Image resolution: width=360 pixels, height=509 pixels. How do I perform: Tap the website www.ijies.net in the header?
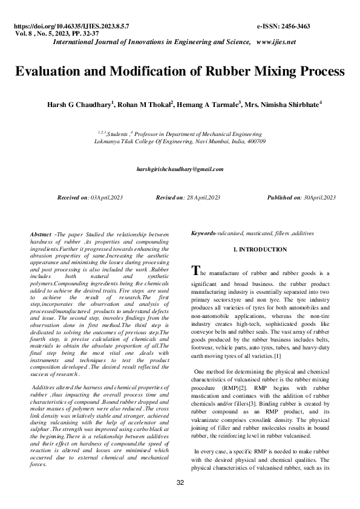[x=275, y=42]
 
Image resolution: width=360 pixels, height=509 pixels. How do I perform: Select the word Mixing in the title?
[x=255, y=71]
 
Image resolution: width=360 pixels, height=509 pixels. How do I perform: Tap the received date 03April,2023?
[x=106, y=198]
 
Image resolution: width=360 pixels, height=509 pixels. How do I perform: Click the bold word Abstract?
[x=41, y=233]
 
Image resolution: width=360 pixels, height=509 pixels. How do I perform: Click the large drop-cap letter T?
[x=194, y=271]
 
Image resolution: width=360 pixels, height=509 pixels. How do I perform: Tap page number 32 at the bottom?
[x=180, y=482]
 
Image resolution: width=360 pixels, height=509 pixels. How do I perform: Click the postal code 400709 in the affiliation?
[x=257, y=140]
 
